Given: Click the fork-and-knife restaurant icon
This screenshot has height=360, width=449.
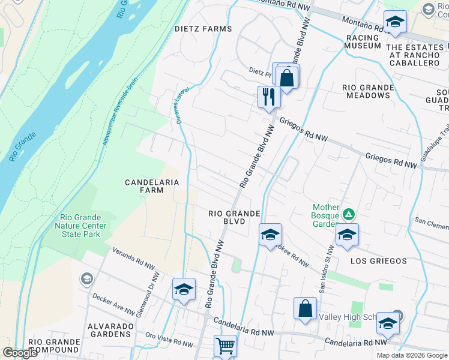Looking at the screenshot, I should pyautogui.click(x=268, y=97).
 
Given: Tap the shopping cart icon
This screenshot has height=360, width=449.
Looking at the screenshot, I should pyautogui.click(x=225, y=346).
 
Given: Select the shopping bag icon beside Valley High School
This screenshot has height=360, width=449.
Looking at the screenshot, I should pyautogui.click(x=305, y=308).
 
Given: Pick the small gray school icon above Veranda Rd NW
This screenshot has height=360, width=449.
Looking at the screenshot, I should pyautogui.click(x=87, y=279).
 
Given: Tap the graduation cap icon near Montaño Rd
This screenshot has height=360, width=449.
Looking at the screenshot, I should pyautogui.click(x=394, y=23).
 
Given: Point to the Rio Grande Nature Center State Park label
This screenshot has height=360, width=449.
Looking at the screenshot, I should pyautogui.click(x=83, y=226).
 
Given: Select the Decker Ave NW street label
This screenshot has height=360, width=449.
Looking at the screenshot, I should pyautogui.click(x=112, y=303).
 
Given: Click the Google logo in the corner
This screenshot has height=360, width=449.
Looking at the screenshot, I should pyautogui.click(x=20, y=352).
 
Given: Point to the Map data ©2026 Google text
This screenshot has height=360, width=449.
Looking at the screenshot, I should pyautogui.click(x=411, y=355).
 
